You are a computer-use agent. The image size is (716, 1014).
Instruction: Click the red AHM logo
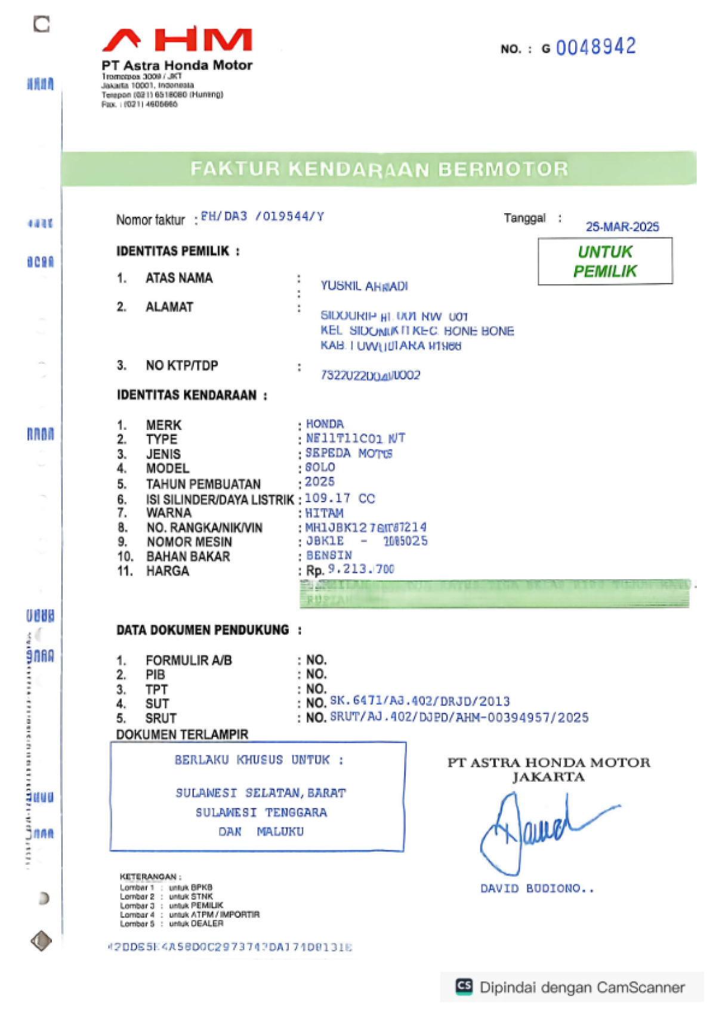[177, 40]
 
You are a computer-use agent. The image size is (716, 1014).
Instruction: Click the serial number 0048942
[595, 47]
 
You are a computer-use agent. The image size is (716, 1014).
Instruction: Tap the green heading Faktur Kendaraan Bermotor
[379, 169]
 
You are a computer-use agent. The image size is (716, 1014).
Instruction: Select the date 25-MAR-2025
[622, 227]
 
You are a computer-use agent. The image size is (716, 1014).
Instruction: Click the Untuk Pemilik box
[605, 262]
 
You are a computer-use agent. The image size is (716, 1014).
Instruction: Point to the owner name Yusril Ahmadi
[364, 286]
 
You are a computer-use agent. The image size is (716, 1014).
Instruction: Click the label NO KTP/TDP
[181, 365]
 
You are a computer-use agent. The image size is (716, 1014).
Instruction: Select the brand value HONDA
[325, 424]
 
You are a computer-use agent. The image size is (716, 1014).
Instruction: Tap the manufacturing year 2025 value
[320, 482]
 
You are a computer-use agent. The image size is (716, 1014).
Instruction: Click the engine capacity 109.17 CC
[340, 498]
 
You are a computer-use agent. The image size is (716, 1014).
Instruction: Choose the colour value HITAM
[324, 513]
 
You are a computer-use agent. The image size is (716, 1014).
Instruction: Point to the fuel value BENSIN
[329, 555]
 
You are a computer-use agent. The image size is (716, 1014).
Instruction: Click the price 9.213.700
[361, 569]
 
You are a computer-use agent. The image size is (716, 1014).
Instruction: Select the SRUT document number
[459, 717]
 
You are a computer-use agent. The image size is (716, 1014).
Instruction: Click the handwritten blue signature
[537, 830]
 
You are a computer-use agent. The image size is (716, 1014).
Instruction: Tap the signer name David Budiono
[536, 889]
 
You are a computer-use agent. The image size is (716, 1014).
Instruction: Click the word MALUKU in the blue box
[280, 831]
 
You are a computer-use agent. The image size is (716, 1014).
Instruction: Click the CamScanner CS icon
[464, 986]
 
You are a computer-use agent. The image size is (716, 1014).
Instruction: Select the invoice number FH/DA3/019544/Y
[262, 216]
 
